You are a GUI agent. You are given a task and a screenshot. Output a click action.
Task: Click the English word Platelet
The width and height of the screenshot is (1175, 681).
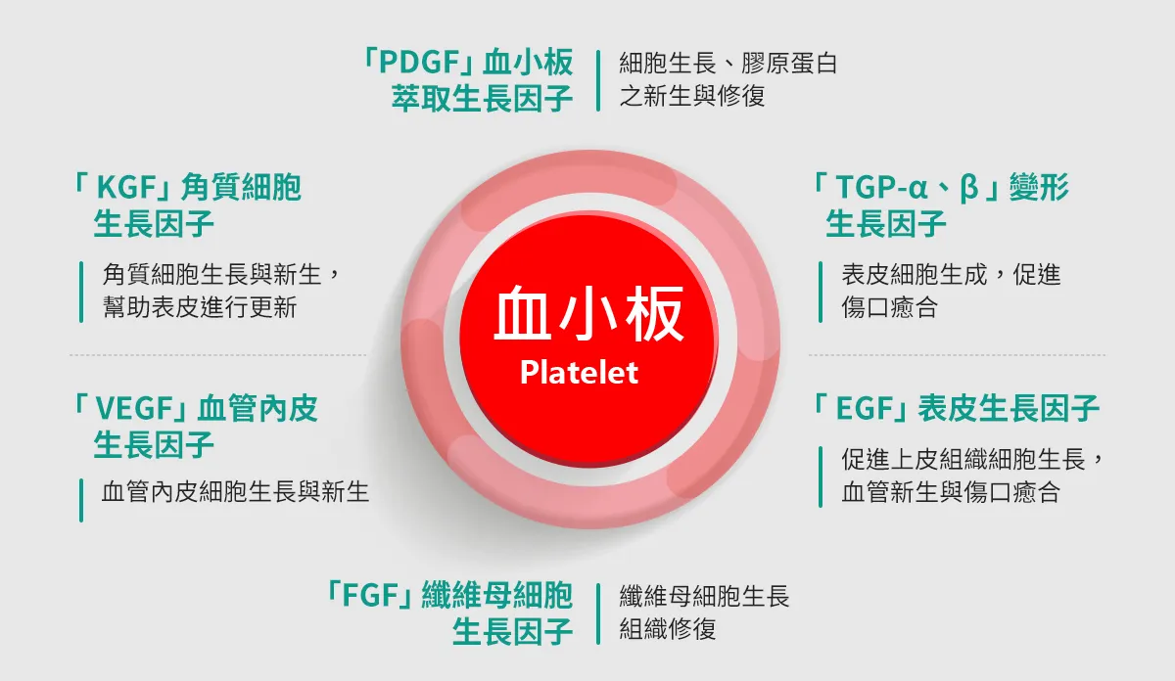[579, 372]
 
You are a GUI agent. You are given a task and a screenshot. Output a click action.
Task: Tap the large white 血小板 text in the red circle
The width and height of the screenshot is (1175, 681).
[588, 313]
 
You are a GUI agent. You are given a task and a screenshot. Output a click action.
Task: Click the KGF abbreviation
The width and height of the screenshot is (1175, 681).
[127, 187]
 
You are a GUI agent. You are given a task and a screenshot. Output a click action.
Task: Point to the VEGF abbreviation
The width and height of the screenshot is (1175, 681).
[135, 408]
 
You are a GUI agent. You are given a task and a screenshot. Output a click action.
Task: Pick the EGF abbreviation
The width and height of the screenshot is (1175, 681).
[865, 408]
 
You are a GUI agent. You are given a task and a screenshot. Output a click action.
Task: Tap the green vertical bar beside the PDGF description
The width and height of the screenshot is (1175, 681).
[598, 81]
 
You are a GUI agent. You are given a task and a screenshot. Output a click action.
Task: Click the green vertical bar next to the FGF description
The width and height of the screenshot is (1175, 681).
[598, 613]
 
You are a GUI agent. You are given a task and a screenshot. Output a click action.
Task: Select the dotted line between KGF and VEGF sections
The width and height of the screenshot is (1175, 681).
[217, 355]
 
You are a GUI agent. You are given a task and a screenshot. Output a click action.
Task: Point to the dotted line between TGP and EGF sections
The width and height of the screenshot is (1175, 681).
[957, 355]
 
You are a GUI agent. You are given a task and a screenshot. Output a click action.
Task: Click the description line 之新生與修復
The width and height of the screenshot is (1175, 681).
[692, 97]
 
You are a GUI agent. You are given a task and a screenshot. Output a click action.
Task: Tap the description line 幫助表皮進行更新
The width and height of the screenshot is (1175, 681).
[200, 307]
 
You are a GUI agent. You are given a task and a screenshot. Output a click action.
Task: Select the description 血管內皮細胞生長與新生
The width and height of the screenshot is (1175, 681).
[235, 492]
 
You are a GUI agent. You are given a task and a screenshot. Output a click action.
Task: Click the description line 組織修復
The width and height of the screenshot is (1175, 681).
[667, 628]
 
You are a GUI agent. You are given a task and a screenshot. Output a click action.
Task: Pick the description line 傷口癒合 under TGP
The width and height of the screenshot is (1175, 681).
[890, 307]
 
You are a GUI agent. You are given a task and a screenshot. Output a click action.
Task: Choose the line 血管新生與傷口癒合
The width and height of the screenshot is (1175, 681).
[951, 492]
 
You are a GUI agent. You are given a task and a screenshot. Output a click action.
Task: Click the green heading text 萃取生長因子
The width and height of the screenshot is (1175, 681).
[482, 99]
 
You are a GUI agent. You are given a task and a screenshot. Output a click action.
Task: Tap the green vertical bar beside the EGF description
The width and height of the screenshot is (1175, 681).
[821, 477]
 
